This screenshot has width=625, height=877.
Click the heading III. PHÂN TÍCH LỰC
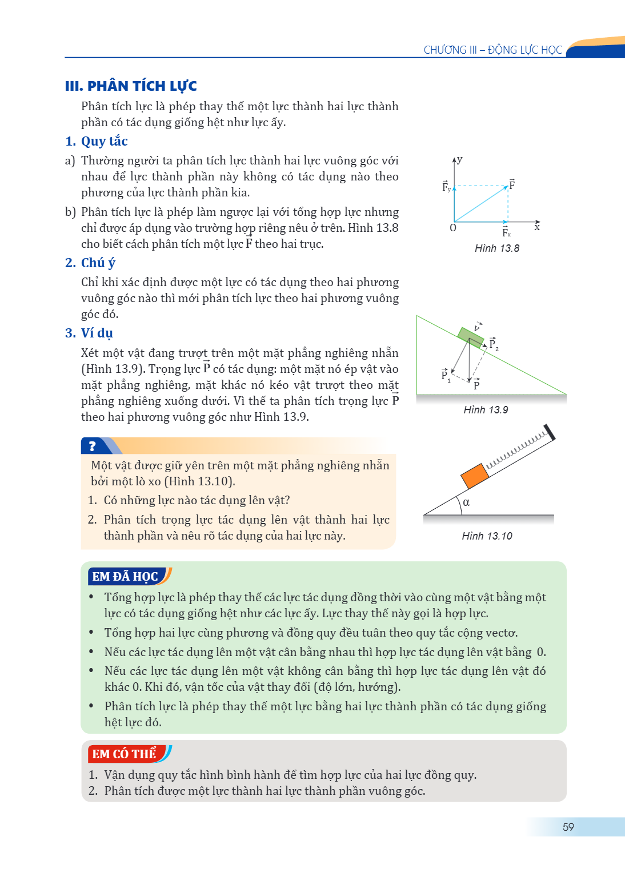(131, 86)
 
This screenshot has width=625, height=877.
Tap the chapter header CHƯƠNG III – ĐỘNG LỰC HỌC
(492, 50)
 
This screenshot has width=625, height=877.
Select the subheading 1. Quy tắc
(97, 141)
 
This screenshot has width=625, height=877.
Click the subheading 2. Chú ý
(90, 263)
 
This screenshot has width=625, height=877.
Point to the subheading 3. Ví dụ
(89, 333)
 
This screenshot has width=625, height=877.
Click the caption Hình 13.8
(497, 248)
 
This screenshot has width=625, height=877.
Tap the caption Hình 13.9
(486, 410)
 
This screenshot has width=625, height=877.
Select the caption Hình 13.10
(487, 536)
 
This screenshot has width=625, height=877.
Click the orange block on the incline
(475, 476)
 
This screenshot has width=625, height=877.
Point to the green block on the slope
(471, 337)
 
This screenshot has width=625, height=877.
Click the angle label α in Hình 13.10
(466, 502)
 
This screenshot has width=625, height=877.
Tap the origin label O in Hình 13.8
(453, 228)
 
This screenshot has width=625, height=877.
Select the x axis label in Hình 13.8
(537, 227)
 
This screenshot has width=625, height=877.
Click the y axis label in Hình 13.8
(460, 160)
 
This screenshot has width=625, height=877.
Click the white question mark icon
(93, 446)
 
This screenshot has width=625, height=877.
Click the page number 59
(568, 827)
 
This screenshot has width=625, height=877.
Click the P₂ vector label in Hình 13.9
(494, 344)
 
